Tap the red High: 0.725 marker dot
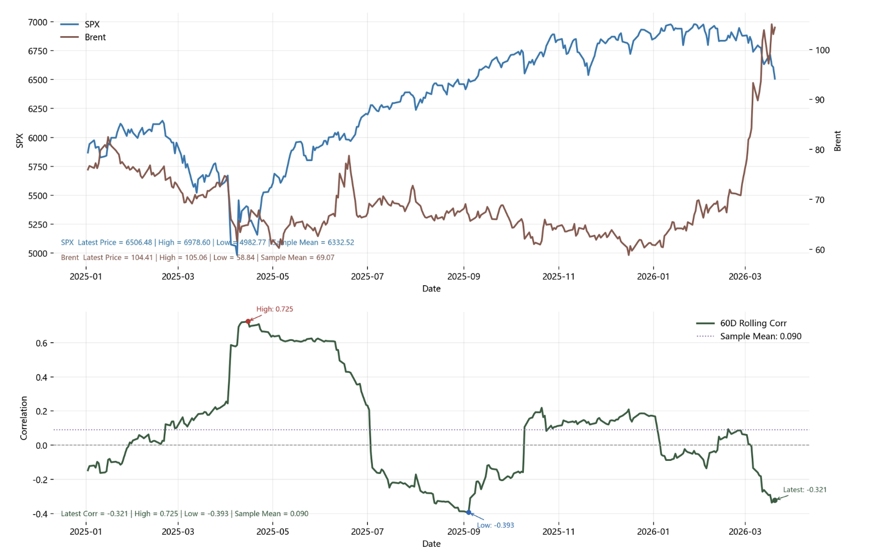248,321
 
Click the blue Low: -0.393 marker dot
469,512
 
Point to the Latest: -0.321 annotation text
804,490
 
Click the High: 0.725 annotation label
274,309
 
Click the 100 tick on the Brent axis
822,50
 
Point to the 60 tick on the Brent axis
820,250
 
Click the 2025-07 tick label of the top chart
367,276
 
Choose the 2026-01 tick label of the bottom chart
653,531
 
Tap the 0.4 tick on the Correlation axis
41,377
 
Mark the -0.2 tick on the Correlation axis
39,479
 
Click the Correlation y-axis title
24,418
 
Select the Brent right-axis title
837,141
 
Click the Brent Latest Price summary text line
197,257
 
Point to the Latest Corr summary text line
184,513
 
